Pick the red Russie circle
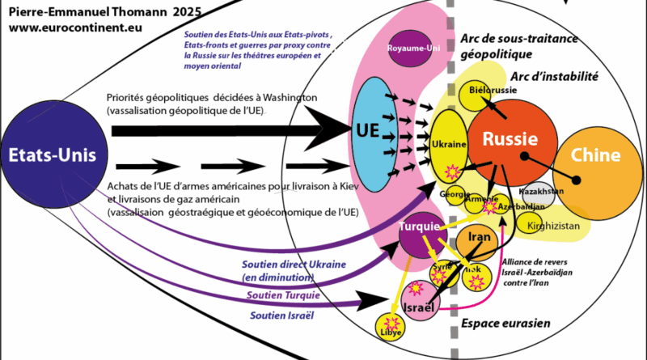point(511,139)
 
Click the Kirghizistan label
point(553,227)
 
